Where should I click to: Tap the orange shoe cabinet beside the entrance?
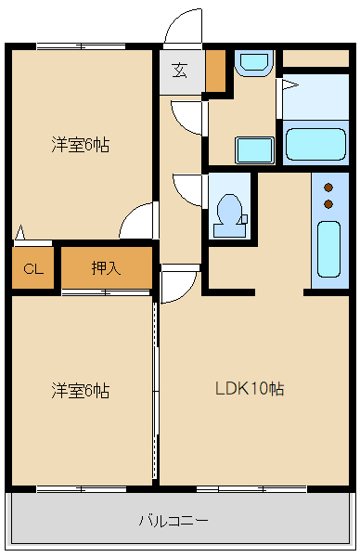pyautogui.click(x=215, y=71)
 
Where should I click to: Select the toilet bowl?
pyautogui.click(x=227, y=210)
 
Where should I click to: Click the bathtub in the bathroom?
pyautogui.click(x=315, y=144)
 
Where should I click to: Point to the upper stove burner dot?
pyautogui.click(x=328, y=187)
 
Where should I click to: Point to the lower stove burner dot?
pyautogui.click(x=328, y=203)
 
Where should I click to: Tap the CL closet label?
pyautogui.click(x=33, y=269)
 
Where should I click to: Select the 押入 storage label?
pyautogui.click(x=106, y=269)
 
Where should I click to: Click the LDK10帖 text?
pyautogui.click(x=250, y=389)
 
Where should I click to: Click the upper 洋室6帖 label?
pyautogui.click(x=80, y=146)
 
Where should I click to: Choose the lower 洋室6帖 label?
pyautogui.click(x=80, y=391)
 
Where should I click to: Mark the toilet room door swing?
pyautogui.click(x=188, y=190)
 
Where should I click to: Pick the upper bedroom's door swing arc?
pyautogui.click(x=137, y=221)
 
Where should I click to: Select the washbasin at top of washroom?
pyautogui.click(x=251, y=63)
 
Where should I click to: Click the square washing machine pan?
pyautogui.click(x=253, y=149)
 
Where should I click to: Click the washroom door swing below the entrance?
pyautogui.click(x=188, y=117)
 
